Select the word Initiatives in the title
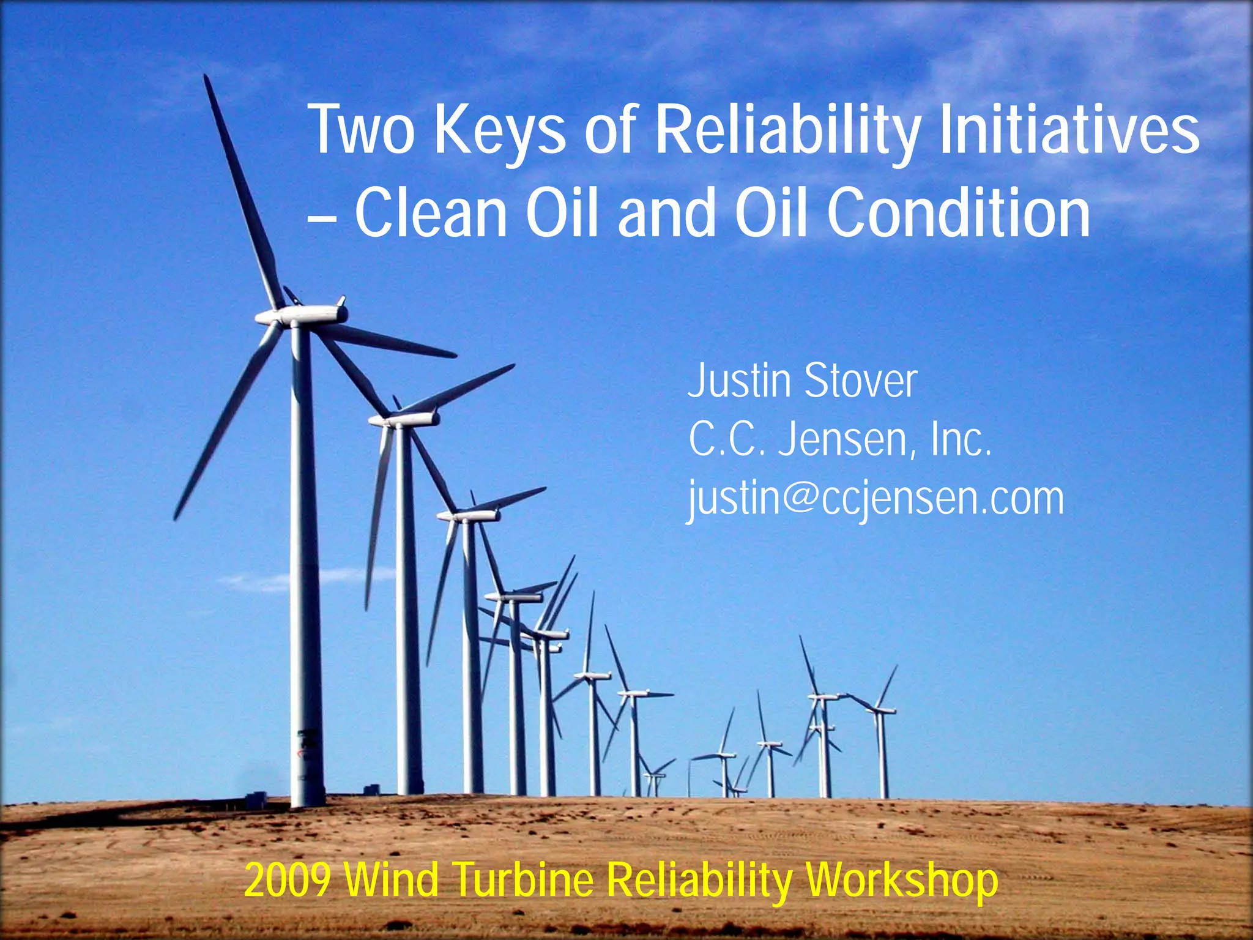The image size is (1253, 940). point(1068,130)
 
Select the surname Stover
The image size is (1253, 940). point(860,381)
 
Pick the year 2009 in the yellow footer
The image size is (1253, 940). point(288,880)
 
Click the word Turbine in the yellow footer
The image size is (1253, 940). point(522,880)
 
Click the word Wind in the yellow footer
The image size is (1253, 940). point(392,880)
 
